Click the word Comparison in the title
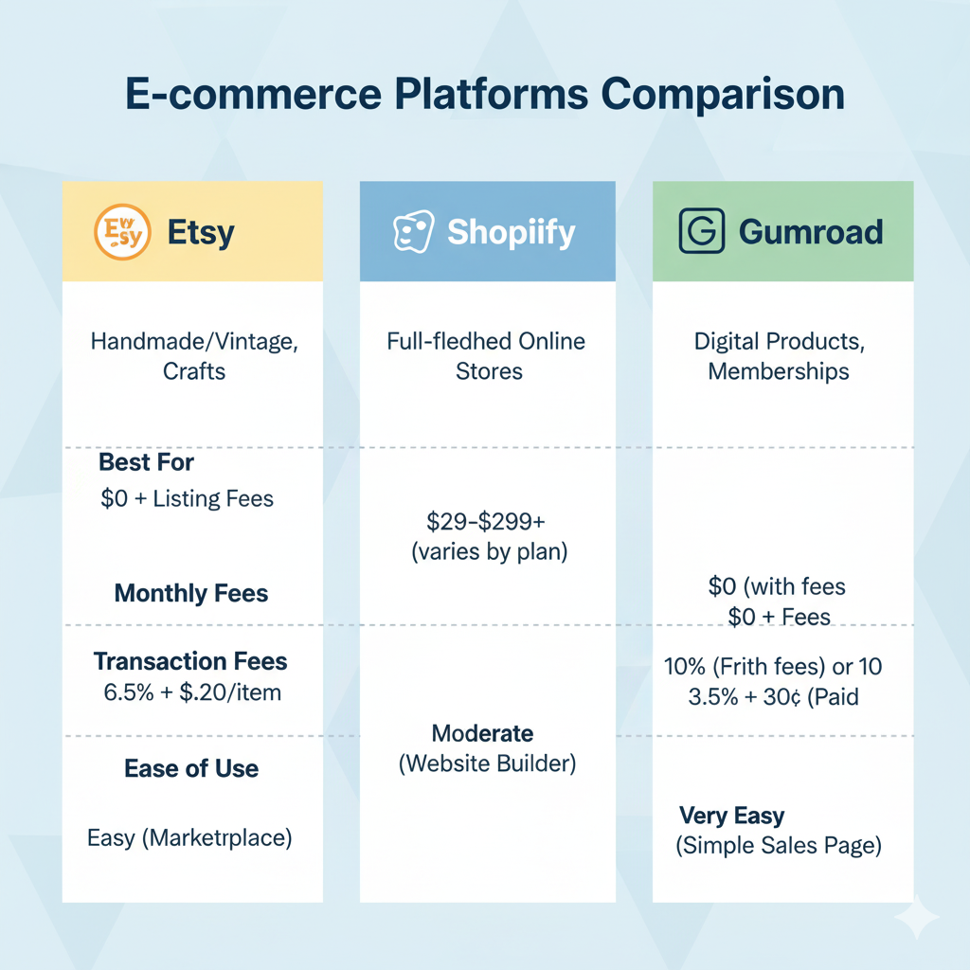[723, 95]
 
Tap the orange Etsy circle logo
[122, 232]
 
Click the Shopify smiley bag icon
[413, 231]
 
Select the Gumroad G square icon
[702, 231]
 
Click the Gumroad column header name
[811, 232]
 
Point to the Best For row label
[146, 462]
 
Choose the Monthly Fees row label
[191, 593]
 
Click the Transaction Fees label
[190, 661]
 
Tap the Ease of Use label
[191, 768]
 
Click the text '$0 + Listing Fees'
[187, 498]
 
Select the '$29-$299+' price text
[486, 522]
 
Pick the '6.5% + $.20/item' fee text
[192, 692]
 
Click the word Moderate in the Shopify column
[482, 733]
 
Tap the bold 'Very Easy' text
[732, 816]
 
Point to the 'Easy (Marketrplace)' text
[189, 838]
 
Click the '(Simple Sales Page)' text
[779, 846]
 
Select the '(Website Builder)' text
[488, 763]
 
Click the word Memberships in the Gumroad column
[779, 371]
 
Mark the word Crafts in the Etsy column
[194, 371]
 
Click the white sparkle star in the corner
[917, 917]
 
